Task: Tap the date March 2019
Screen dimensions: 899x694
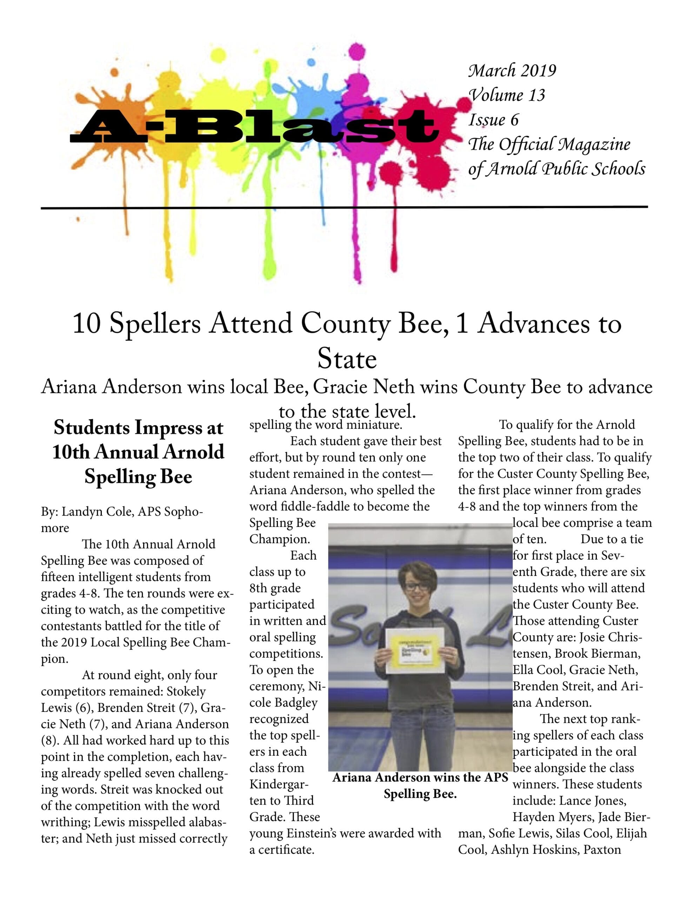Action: click(x=512, y=71)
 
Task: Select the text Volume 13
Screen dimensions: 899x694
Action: click(x=507, y=95)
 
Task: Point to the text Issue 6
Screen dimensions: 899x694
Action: click(x=493, y=120)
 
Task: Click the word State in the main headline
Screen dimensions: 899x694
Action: click(x=347, y=359)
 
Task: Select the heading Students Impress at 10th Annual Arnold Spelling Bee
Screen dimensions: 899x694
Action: click(x=138, y=452)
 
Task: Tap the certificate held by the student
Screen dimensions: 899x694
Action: click(x=415, y=650)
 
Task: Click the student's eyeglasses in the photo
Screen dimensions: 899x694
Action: click(x=417, y=586)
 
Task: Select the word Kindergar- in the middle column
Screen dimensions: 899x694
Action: click(x=279, y=785)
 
